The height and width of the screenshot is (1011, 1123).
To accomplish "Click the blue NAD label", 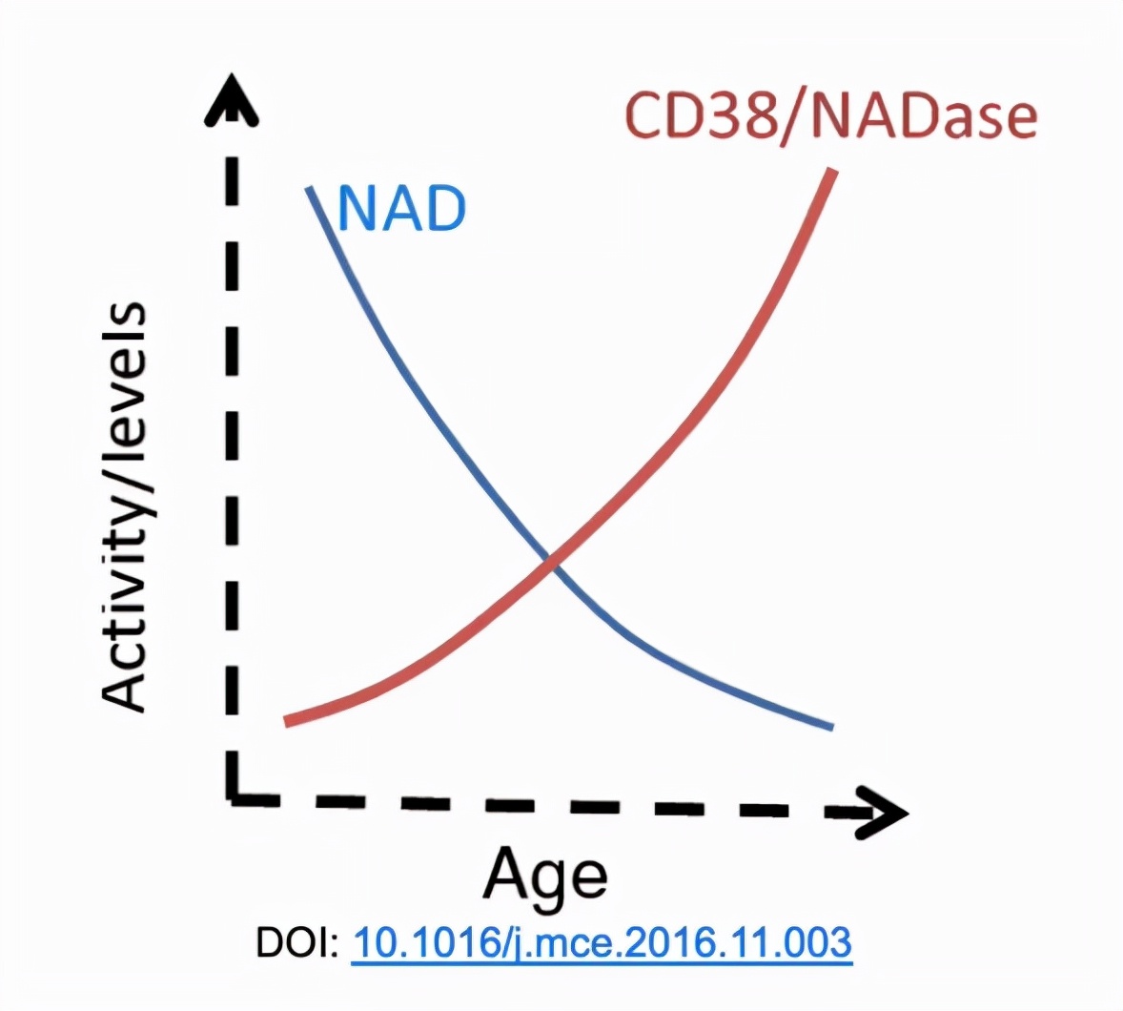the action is [401, 209].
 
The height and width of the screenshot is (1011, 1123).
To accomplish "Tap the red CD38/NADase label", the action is [831, 116].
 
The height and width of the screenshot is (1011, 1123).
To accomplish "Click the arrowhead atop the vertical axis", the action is [231, 100].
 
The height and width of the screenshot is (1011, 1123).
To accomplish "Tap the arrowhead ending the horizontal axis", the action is [883, 813].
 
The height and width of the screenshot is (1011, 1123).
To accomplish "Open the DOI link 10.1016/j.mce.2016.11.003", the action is [602, 943].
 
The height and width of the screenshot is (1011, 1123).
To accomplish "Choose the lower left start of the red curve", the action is [288, 721].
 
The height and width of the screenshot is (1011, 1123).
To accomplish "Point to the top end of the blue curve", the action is [310, 189].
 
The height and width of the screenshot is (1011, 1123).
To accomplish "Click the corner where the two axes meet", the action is [232, 796].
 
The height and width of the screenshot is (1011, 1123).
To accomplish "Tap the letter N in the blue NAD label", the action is [357, 209].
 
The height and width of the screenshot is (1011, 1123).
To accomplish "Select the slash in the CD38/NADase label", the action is [794, 117].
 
